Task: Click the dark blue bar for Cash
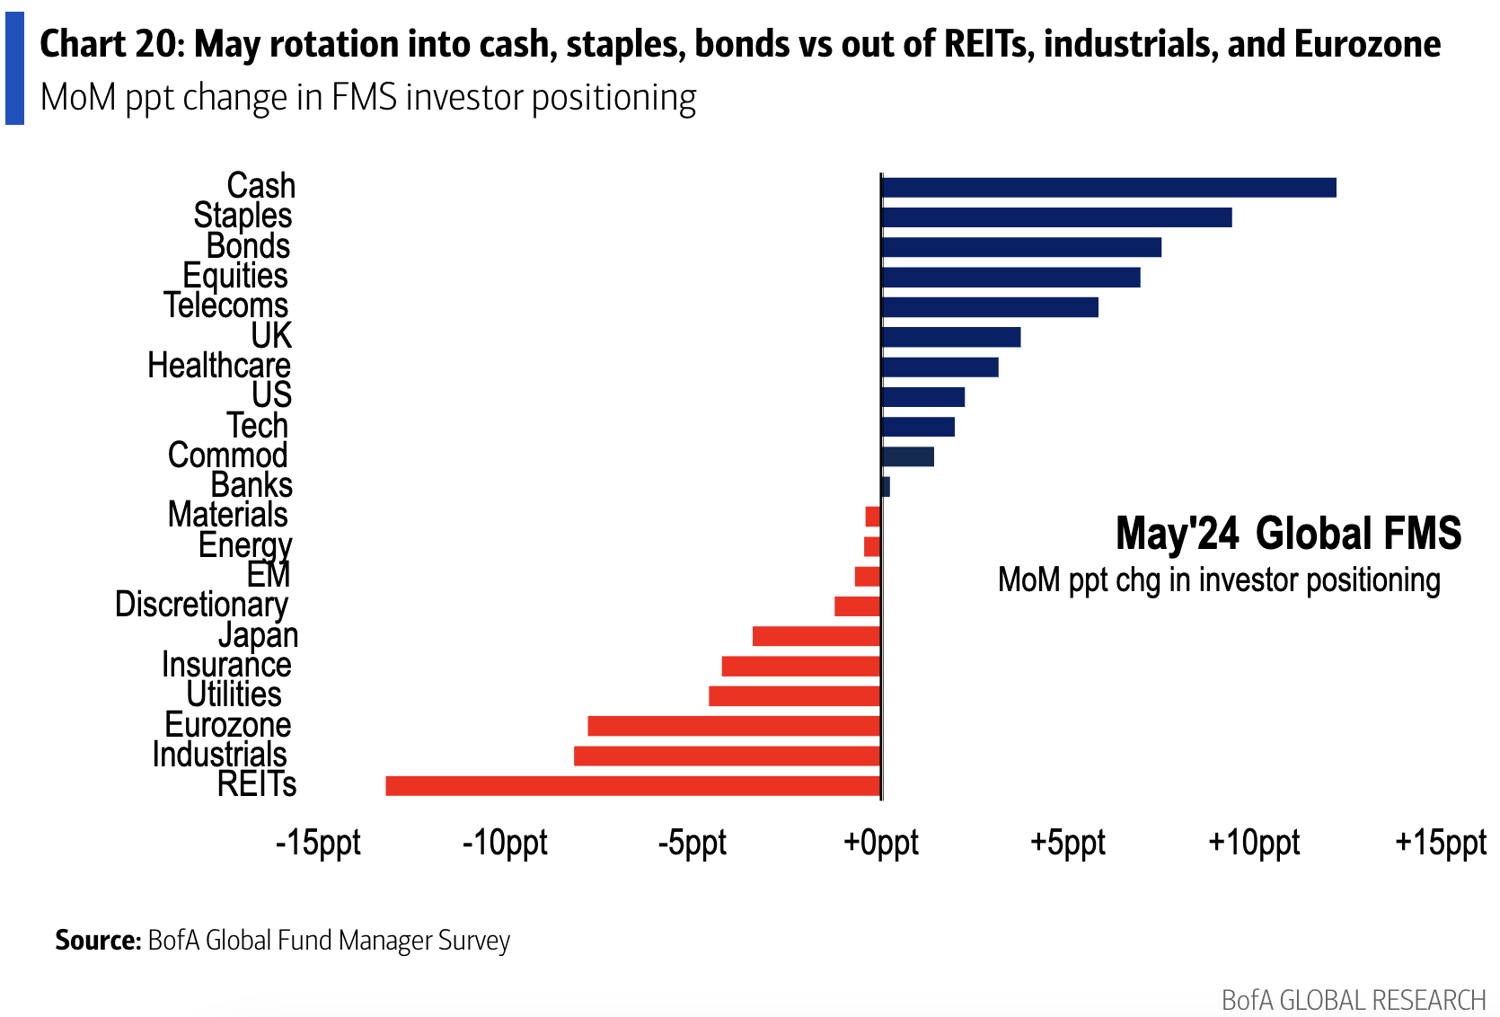1108,188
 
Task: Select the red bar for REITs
633,786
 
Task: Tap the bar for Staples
1056,217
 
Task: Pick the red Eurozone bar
734,726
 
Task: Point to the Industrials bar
728,756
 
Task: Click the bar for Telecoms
990,307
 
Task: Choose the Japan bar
816,636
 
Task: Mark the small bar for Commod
908,456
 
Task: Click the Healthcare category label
219,366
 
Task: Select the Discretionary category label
201,605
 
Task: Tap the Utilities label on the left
234,694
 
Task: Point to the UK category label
271,336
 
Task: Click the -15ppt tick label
318,843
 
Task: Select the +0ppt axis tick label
881,843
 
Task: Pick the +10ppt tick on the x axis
1254,843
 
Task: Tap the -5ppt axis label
693,843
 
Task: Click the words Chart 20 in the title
110,44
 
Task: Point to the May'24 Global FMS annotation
1288,534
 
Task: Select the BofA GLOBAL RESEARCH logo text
1354,1000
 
